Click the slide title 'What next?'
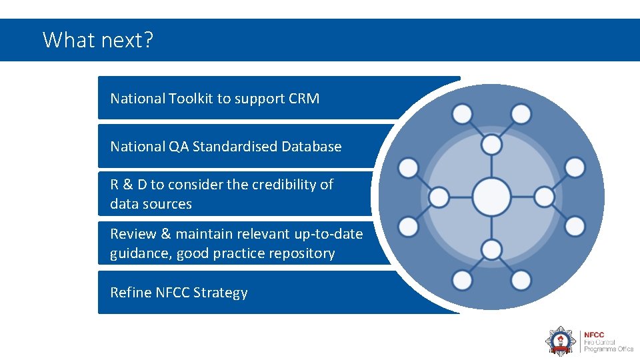click(98, 40)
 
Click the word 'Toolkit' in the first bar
click(190, 99)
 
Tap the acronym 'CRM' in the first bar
click(304, 99)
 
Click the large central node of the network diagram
click(491, 197)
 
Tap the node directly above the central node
click(491, 144)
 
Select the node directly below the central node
click(491, 250)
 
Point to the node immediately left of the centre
click(439, 197)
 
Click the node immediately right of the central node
click(544, 197)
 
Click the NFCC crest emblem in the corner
click(561, 340)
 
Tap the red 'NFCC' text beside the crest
click(595, 335)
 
